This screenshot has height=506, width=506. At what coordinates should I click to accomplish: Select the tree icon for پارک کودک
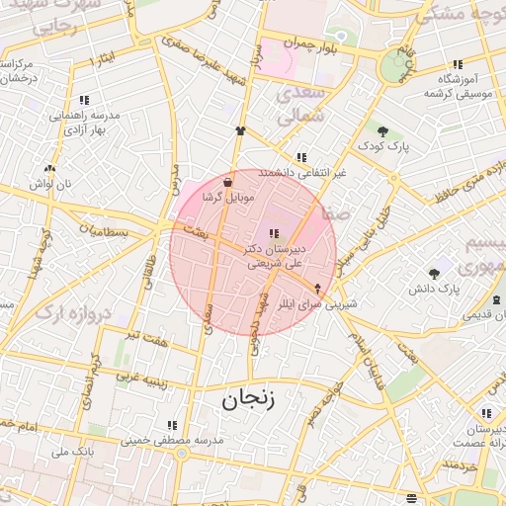(382, 131)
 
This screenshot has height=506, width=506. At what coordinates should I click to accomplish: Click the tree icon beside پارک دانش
(433, 274)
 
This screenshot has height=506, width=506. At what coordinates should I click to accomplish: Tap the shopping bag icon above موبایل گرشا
(228, 182)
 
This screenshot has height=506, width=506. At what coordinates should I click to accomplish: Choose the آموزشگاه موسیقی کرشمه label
(458, 85)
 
